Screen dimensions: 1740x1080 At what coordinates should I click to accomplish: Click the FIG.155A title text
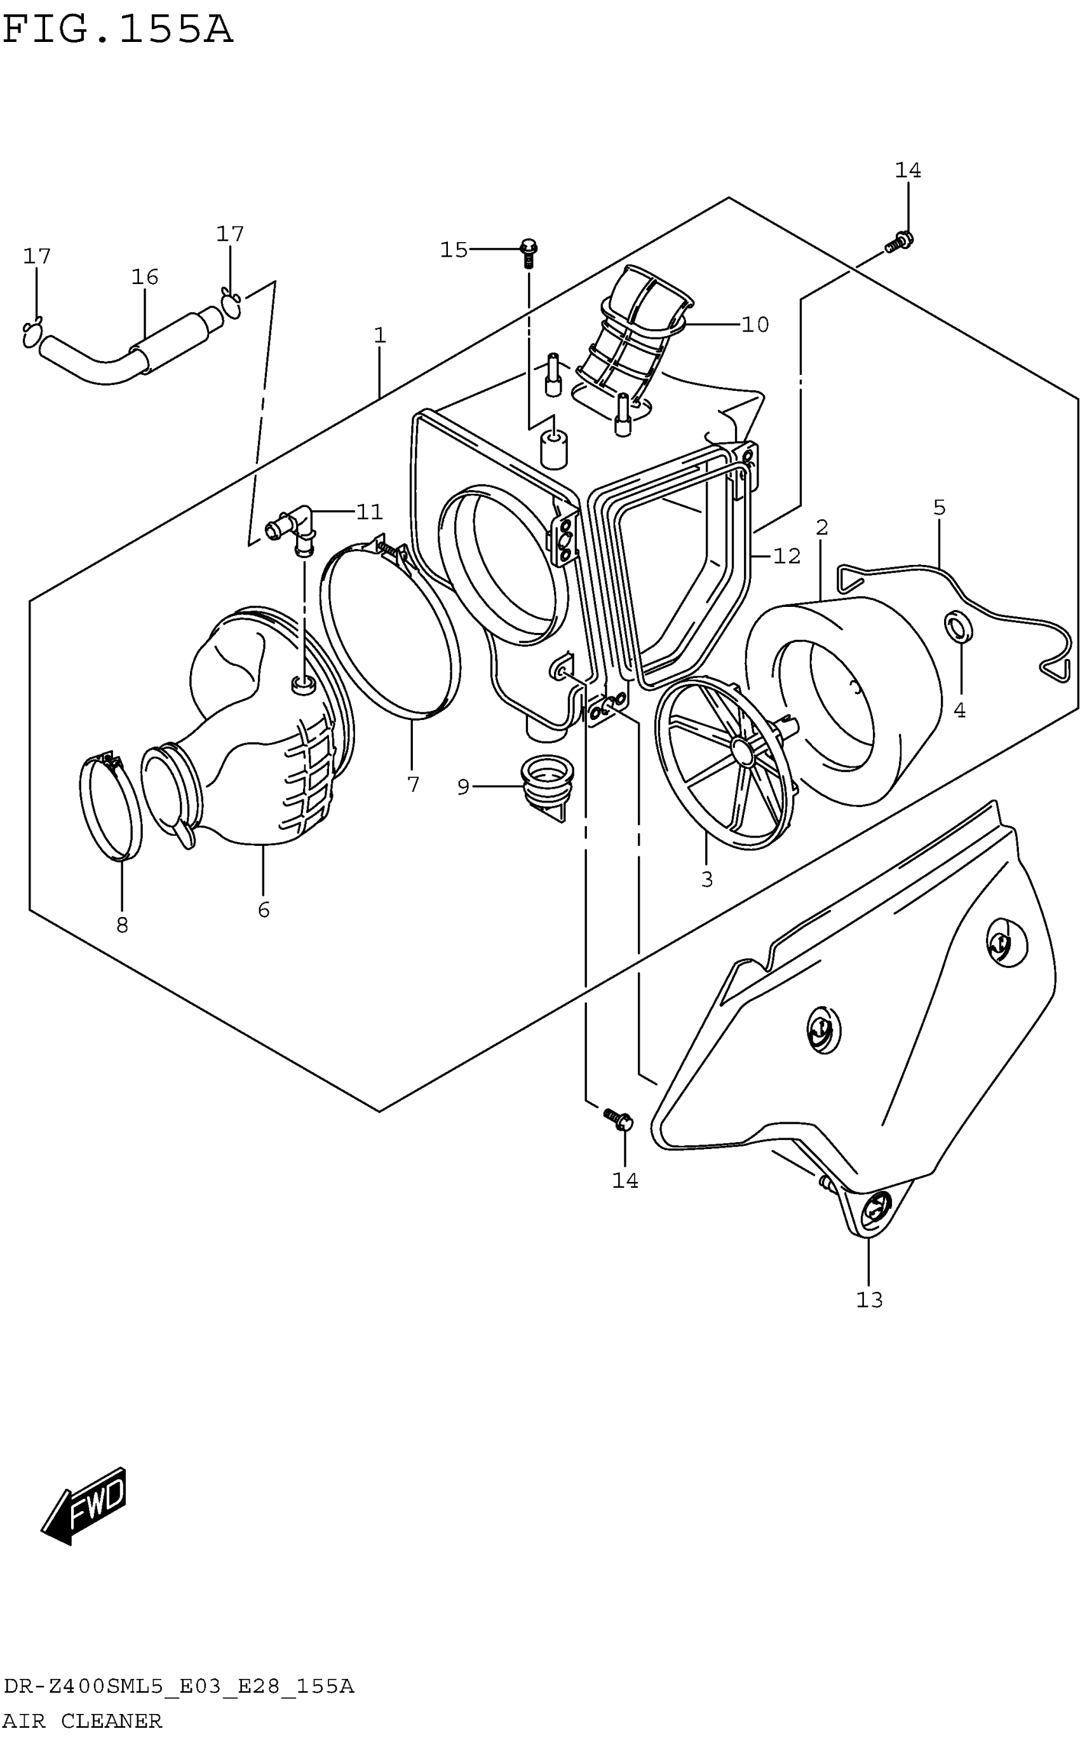point(118,30)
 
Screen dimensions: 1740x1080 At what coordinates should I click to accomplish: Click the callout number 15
point(454,250)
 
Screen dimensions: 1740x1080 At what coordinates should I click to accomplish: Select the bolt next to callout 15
point(529,252)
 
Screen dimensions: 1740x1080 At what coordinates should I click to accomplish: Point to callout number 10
point(755,325)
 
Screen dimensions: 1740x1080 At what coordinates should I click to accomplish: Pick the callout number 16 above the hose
point(144,277)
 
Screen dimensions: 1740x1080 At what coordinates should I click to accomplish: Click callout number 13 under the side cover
point(869,1301)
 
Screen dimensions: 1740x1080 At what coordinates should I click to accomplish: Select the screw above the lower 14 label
point(619,1118)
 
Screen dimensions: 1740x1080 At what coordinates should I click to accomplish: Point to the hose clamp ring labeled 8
point(111,807)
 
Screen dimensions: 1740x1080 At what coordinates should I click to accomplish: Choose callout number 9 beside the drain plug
point(464,787)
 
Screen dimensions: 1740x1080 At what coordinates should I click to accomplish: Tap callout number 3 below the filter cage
point(706,880)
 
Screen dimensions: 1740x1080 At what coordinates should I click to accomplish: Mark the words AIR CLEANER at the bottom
point(83,1722)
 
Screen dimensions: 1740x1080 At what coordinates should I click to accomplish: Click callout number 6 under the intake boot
point(264,910)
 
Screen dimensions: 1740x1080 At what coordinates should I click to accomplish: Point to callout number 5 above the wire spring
point(938,508)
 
